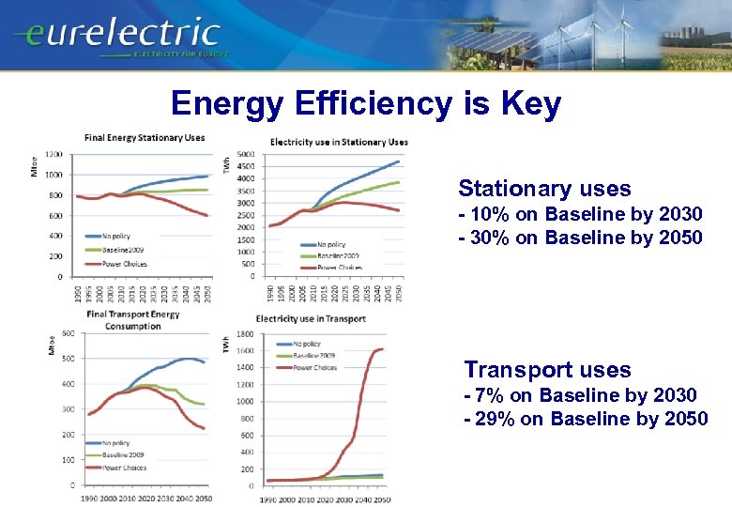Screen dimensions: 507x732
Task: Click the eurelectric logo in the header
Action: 117,36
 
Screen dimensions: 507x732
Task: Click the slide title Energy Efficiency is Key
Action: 366,103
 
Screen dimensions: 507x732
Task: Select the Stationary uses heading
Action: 531,189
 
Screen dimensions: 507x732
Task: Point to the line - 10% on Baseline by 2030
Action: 580,215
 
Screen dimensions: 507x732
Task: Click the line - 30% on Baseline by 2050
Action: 580,238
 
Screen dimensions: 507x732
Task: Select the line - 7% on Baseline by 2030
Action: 580,395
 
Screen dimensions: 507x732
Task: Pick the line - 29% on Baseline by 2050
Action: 586,419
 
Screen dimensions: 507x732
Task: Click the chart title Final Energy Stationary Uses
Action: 145,138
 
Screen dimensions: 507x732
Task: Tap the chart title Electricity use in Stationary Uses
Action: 339,142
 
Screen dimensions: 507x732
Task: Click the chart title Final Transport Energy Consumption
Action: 136,319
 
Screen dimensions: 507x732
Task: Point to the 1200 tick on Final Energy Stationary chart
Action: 53,154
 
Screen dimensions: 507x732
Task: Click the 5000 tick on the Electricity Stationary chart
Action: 244,154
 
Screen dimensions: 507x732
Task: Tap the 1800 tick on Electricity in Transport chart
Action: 245,333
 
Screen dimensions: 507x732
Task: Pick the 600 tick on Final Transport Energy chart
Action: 69,333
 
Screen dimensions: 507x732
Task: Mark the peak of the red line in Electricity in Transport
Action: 381,349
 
